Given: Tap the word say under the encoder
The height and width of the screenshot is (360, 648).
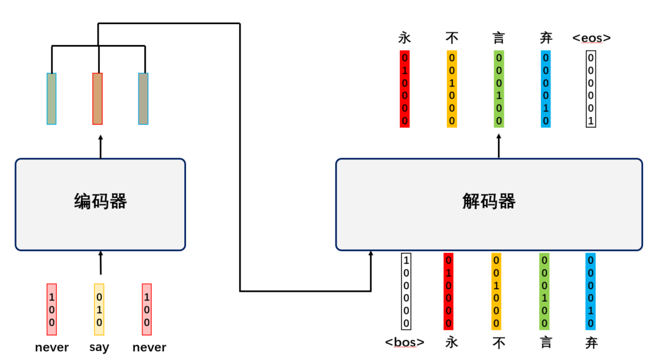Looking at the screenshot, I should [99, 347].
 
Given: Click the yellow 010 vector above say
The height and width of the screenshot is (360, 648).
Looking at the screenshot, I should [99, 309].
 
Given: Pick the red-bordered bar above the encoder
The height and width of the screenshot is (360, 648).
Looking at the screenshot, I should [97, 98].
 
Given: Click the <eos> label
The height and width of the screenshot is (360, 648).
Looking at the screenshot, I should [591, 38].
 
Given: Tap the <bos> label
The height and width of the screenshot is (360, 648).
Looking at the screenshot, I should [405, 342].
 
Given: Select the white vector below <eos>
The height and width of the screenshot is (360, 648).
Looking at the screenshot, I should [591, 89].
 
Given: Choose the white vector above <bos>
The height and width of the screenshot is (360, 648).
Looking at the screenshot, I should [406, 291].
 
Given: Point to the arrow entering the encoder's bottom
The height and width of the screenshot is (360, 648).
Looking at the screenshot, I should [100, 262].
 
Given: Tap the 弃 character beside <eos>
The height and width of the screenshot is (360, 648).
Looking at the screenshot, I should [545, 38].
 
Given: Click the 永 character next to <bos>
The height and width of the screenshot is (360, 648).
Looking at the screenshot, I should [451, 342].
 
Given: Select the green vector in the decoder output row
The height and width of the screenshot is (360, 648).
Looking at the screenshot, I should [499, 89].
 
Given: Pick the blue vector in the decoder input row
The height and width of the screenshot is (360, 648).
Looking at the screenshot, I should [590, 291].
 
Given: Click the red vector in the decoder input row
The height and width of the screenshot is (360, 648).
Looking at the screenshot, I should [449, 291].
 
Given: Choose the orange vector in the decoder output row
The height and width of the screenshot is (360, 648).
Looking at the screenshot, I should [452, 89].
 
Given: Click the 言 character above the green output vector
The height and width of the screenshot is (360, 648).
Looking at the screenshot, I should [499, 38].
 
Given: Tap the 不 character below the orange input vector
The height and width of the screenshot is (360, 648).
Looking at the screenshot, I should [497, 342].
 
